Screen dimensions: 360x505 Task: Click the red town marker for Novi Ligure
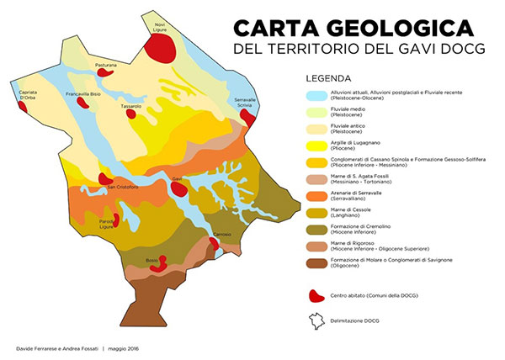(159, 46)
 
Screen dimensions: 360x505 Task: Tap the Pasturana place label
(106, 64)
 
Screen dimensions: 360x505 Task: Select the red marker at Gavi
(178, 188)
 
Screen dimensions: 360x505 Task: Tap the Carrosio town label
(222, 233)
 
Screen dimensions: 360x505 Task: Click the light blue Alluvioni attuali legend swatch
(316, 97)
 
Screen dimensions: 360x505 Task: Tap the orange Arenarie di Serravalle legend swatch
(316, 194)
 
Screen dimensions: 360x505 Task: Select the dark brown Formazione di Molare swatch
(316, 262)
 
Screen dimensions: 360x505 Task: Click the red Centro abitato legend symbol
(316, 296)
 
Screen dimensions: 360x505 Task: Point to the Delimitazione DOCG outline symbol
(316, 320)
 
